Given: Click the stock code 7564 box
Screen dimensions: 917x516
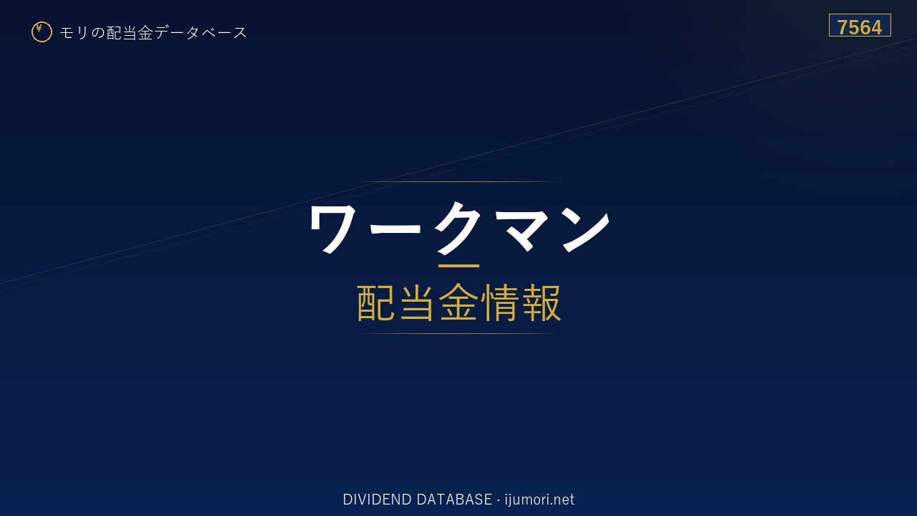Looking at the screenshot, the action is pos(860,25).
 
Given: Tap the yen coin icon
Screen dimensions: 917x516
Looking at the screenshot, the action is pos(42,32).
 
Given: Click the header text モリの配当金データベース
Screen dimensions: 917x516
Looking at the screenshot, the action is pos(153,33).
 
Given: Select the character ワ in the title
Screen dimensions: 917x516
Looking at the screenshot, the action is pos(333,229).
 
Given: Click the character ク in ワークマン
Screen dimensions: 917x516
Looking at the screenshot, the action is pos(457,228).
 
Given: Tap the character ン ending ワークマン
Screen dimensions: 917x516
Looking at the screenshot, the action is pos(586,229).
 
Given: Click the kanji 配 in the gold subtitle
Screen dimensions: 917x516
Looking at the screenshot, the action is pos(376,302).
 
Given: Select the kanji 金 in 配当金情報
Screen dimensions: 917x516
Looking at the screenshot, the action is pos(458,302).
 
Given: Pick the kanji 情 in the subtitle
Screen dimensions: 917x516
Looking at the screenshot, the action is pos(500,302).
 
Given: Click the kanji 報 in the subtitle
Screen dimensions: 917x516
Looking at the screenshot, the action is pos(542,302).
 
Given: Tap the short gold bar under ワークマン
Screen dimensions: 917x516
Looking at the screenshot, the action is pos(458,266).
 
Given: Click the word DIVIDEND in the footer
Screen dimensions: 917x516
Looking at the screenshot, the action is pos(377,500).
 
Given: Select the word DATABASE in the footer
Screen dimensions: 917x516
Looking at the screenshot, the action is pos(454,500).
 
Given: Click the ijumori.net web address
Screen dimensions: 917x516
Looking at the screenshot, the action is pos(539,500).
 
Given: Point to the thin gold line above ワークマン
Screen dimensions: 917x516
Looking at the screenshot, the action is pos(458,181).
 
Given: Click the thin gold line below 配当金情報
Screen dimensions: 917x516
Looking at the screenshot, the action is pos(458,334).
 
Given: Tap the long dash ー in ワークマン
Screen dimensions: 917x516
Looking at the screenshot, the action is pos(395,228).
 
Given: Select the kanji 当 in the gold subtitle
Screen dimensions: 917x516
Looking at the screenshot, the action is pos(417,302).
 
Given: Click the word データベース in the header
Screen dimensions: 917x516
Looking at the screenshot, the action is pos(201,33).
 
